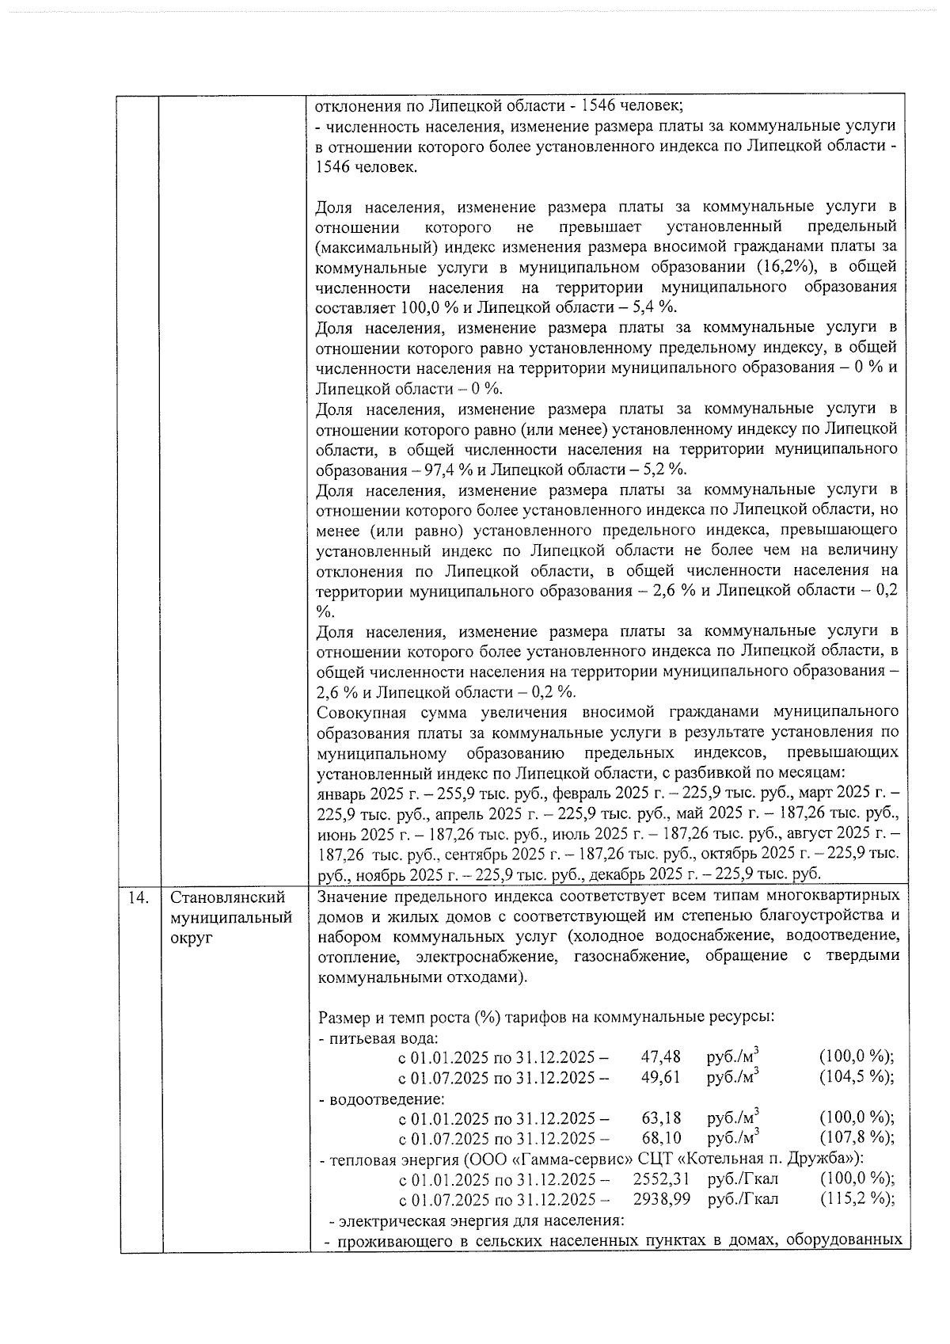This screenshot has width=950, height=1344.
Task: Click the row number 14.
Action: [138, 897]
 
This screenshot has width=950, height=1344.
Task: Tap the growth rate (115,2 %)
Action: [857, 1199]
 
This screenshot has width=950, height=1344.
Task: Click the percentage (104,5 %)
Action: [857, 1077]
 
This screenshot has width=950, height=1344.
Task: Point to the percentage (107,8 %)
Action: [857, 1138]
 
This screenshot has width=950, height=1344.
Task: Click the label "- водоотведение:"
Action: [381, 1098]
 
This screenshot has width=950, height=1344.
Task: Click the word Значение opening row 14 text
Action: [351, 896]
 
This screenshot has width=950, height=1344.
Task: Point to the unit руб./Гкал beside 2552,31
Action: [743, 1178]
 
